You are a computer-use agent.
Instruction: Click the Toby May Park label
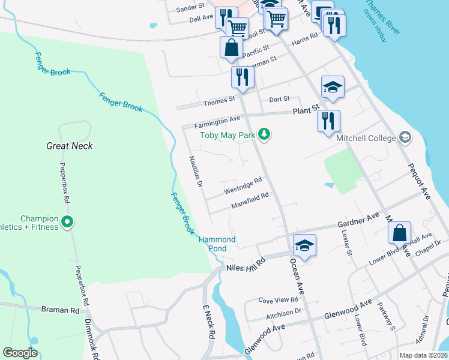[x=228, y=136]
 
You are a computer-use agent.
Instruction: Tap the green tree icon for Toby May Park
[x=264, y=133]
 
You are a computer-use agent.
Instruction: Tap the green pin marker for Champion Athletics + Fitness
[x=67, y=223]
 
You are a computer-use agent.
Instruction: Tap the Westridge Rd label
[x=243, y=185]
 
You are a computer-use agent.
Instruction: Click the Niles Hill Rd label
[x=245, y=265]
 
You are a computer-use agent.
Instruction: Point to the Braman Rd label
[x=61, y=310]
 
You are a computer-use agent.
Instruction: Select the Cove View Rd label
[x=278, y=299]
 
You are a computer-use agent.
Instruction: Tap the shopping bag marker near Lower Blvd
[x=399, y=233]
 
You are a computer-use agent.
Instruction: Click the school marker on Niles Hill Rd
[x=304, y=245]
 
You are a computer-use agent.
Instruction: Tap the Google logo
[x=20, y=353]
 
